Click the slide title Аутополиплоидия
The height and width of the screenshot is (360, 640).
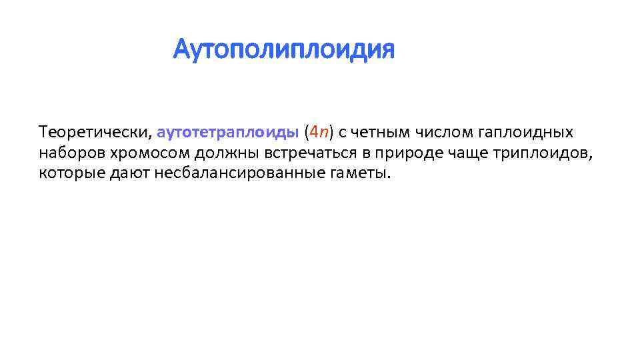[x=283, y=49]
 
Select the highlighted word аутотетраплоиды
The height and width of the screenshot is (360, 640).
[x=228, y=132]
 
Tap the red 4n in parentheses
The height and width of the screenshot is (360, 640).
[x=317, y=132]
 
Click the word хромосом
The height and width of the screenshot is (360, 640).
[x=130, y=153]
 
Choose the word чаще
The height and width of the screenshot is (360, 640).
[x=465, y=153]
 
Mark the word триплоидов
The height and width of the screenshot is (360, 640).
[x=542, y=153]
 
